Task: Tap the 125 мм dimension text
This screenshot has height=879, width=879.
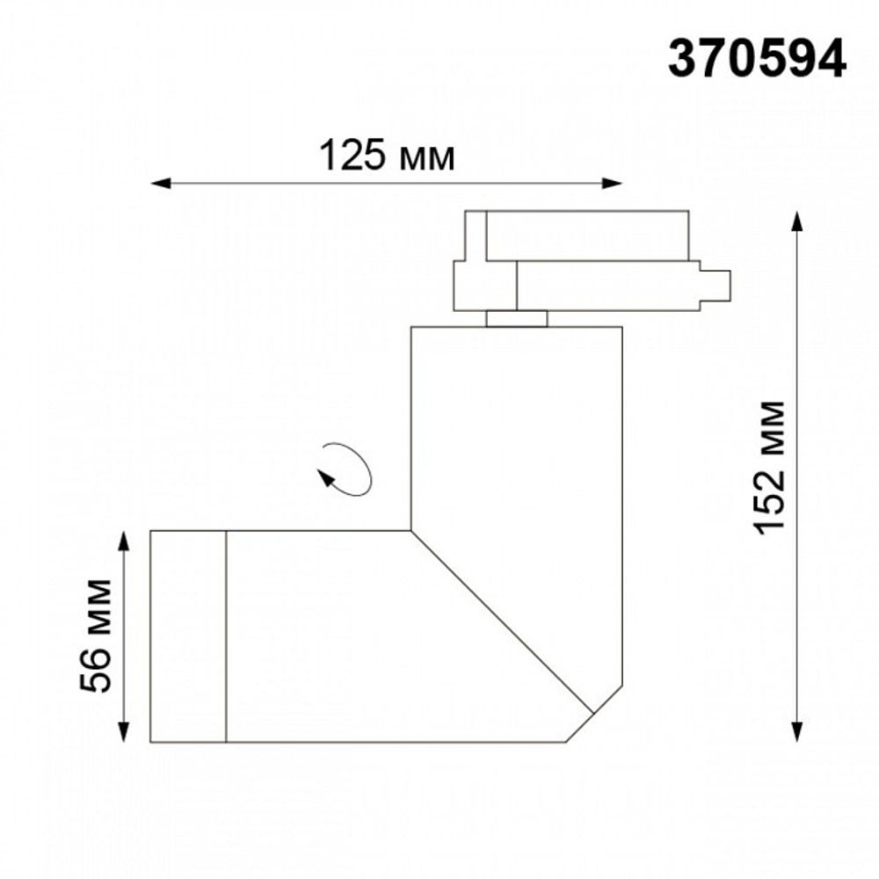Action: (387, 157)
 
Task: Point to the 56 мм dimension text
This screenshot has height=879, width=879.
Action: (97, 636)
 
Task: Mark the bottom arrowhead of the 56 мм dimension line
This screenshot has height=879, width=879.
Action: (124, 732)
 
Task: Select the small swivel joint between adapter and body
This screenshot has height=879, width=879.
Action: (517, 318)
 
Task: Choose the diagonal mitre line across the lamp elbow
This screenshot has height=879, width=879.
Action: (501, 621)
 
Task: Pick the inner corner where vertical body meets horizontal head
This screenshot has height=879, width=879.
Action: (411, 530)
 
